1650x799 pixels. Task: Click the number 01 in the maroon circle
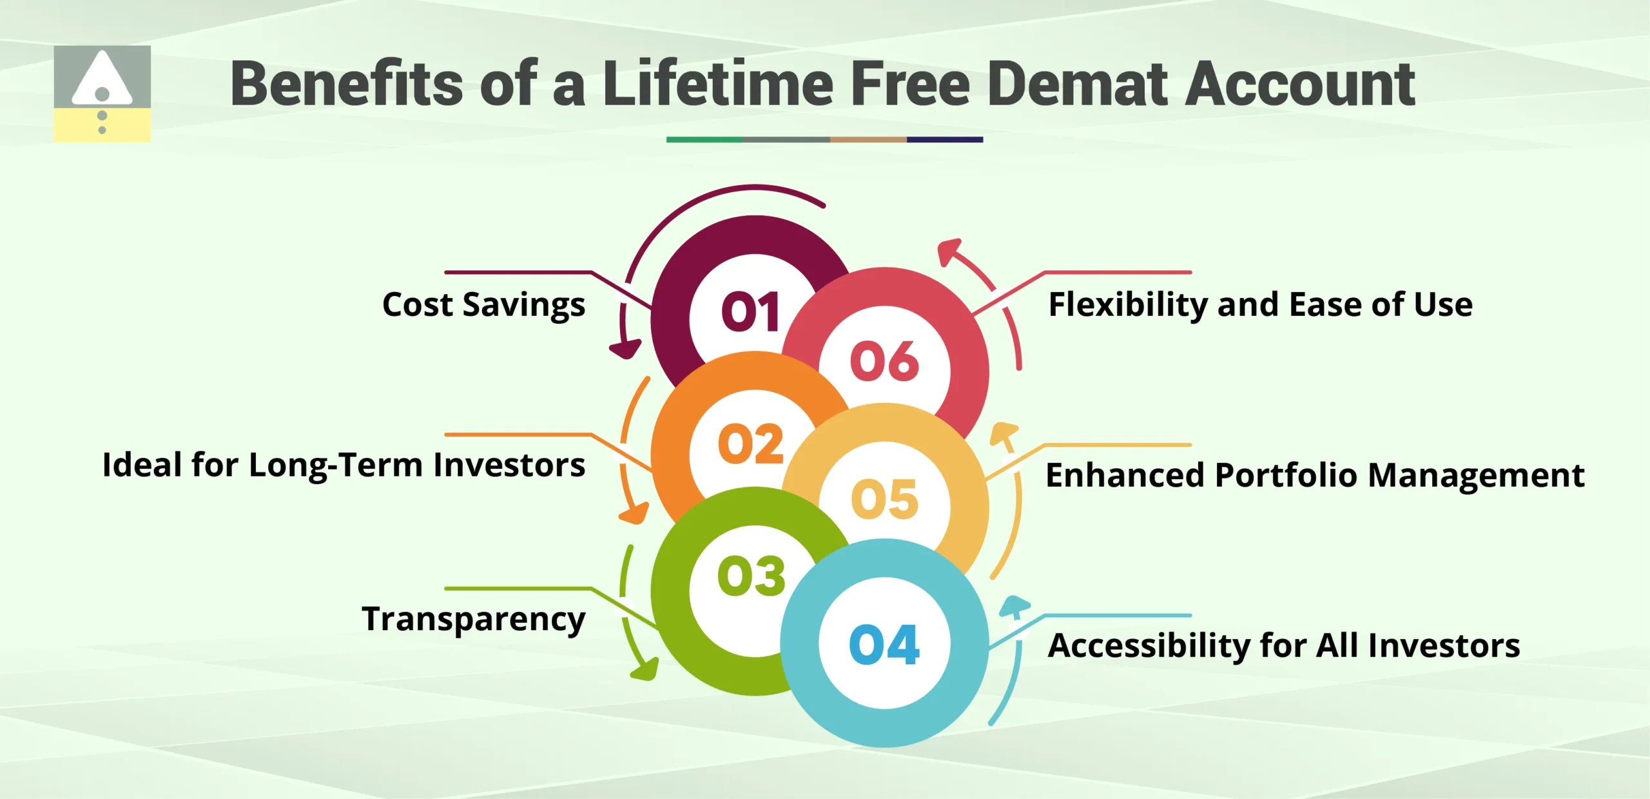point(751,312)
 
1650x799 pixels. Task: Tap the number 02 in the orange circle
point(751,444)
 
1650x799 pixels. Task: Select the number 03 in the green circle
point(752,576)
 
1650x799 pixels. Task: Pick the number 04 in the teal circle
point(884,645)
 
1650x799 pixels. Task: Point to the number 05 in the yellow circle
point(884,499)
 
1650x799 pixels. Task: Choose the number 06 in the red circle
point(884,362)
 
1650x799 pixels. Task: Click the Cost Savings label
point(483,305)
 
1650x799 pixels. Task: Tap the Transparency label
point(474,620)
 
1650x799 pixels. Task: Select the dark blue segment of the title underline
point(944,139)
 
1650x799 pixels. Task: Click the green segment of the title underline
point(704,139)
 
